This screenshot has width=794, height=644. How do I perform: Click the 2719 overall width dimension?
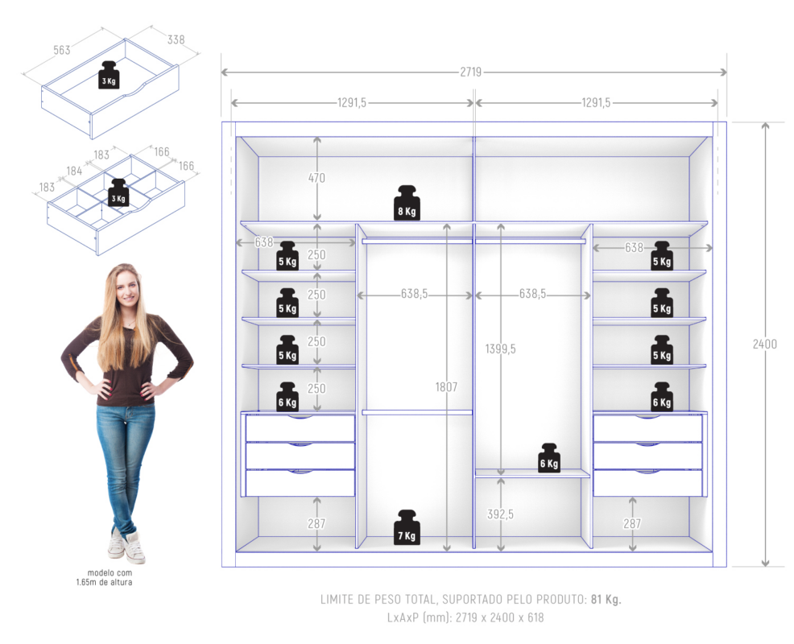pyautogui.click(x=471, y=72)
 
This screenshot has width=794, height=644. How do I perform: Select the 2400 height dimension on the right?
pyautogui.click(x=764, y=344)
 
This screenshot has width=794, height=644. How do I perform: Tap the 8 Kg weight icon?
pyautogui.click(x=407, y=203)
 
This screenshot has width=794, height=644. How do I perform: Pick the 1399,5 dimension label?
pyautogui.click(x=500, y=349)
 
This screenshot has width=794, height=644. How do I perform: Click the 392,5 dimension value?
pyautogui.click(x=500, y=514)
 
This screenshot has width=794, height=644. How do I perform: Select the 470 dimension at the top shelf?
pyautogui.click(x=316, y=178)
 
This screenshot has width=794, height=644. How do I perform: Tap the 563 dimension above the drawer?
pyautogui.click(x=61, y=50)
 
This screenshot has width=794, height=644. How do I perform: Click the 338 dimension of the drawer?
pyautogui.click(x=176, y=39)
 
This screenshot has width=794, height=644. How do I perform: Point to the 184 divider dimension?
pyautogui.click(x=74, y=171)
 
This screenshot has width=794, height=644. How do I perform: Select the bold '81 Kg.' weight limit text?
pyautogui.click(x=606, y=599)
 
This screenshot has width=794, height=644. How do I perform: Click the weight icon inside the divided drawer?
pyautogui.click(x=118, y=192)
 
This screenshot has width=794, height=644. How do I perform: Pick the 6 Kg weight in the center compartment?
pyautogui.click(x=549, y=457)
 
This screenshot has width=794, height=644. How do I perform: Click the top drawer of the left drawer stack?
pyautogui.click(x=300, y=428)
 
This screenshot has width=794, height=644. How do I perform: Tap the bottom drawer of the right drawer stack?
pyautogui.click(x=647, y=483)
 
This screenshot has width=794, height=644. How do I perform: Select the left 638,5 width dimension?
pyautogui.click(x=414, y=295)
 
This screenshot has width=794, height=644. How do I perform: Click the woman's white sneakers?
pyautogui.click(x=126, y=547)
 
